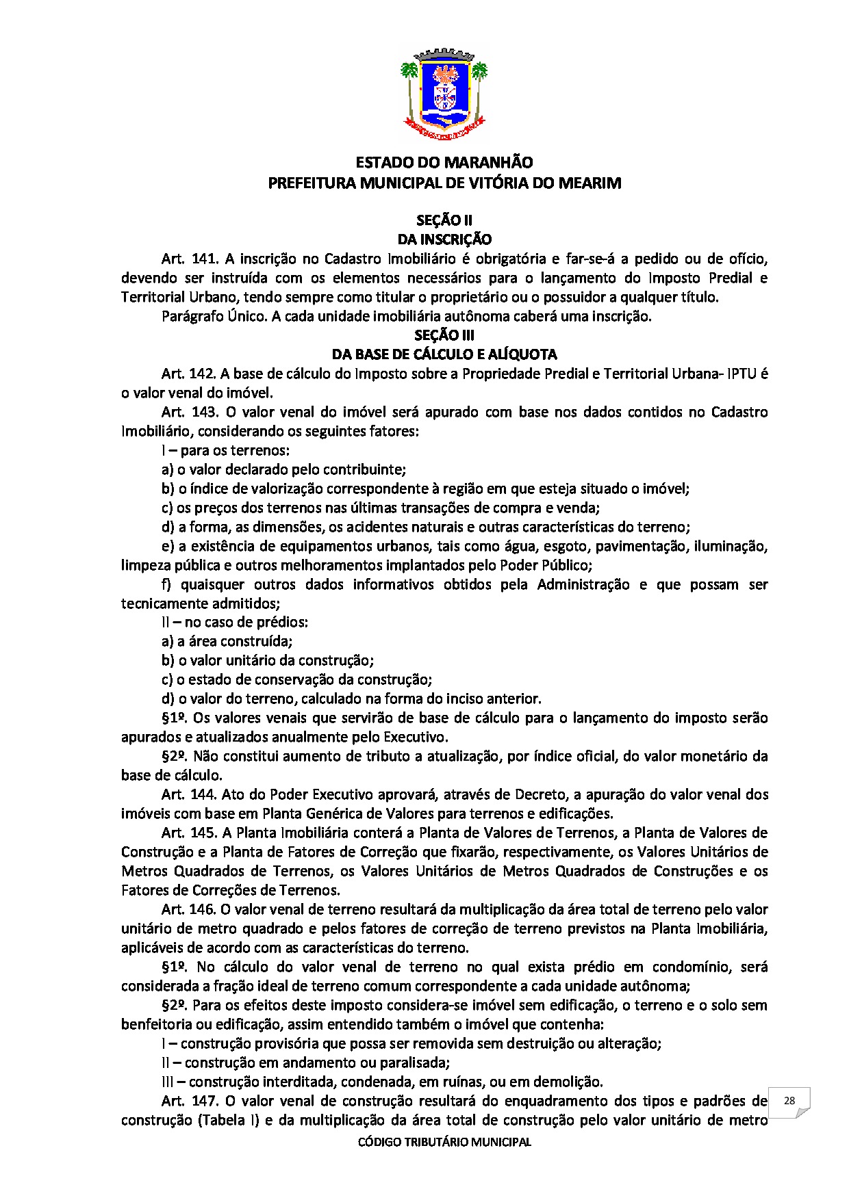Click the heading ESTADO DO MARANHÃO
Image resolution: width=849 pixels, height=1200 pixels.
point(444,163)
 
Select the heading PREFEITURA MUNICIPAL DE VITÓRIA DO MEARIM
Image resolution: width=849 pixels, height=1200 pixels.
point(444,183)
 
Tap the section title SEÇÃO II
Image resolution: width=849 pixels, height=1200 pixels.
point(444,220)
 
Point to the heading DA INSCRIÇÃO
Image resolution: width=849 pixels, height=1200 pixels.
point(444,239)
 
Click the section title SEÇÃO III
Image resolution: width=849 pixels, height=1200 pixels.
point(444,335)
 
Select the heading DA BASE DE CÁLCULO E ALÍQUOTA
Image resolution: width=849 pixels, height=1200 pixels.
point(444,354)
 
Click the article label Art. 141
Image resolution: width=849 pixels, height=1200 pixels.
point(190,259)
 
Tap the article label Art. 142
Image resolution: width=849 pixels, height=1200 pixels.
point(190,374)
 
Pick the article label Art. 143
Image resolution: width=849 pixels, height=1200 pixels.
point(190,412)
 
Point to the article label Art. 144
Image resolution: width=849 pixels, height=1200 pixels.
point(190,795)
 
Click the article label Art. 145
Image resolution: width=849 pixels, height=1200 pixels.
point(190,833)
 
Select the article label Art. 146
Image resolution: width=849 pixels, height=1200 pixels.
point(190,910)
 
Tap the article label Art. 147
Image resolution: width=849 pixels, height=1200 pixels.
point(190,1101)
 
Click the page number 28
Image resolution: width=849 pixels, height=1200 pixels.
point(789,1101)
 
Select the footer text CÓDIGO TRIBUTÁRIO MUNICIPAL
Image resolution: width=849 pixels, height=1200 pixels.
point(444,1142)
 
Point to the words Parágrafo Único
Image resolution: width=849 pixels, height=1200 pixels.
point(213,316)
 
